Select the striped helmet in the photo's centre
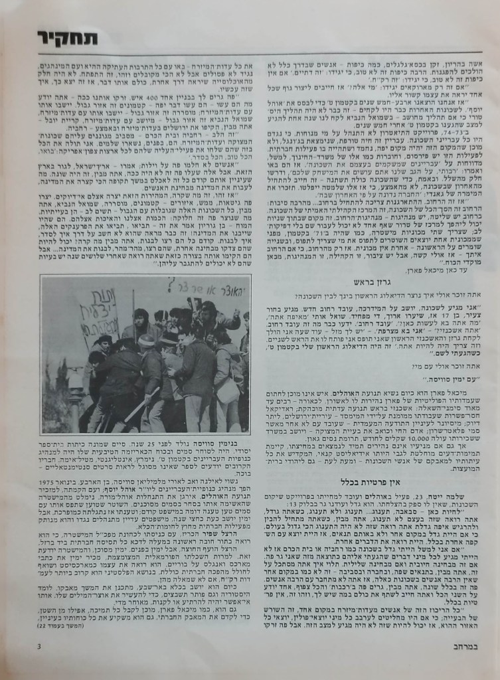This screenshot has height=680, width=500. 147,341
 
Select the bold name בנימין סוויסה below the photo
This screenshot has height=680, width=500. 225,442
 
